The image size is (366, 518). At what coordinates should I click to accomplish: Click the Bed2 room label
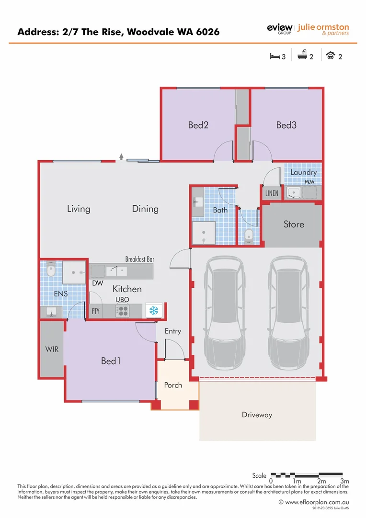[198, 125]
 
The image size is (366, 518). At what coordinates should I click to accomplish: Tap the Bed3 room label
[286, 125]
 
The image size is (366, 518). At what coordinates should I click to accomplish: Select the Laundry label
[303, 172]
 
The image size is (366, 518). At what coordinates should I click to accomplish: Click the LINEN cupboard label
[271, 193]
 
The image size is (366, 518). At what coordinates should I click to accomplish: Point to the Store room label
[294, 224]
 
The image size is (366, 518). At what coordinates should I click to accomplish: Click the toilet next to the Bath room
[249, 235]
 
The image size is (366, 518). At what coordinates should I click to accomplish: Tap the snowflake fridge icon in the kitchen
[154, 311]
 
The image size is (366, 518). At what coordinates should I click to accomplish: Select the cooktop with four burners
[122, 311]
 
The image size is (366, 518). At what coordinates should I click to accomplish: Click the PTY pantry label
[96, 311]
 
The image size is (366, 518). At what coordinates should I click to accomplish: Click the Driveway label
[257, 415]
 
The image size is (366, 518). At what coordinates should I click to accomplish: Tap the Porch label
[173, 385]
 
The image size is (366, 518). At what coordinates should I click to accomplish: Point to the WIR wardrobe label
[52, 349]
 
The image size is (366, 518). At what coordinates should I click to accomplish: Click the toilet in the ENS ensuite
[51, 271]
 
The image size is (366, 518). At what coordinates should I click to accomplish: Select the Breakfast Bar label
[139, 259]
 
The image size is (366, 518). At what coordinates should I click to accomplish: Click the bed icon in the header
[274, 56]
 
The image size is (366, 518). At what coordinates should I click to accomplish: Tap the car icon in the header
[330, 56]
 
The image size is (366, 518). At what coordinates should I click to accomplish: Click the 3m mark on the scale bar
[344, 481]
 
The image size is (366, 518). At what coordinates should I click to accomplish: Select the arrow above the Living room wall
[122, 156]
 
